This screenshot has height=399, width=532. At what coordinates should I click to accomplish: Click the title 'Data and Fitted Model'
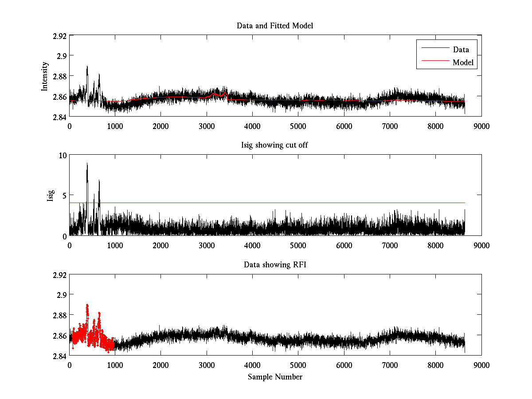(x=275, y=26)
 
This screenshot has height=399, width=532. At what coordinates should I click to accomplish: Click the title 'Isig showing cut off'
(x=275, y=145)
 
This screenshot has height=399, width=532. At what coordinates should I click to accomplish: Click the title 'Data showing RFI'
(x=275, y=265)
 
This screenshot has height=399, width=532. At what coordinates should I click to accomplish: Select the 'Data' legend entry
(x=461, y=50)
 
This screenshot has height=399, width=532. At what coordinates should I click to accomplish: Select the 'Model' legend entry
(x=463, y=63)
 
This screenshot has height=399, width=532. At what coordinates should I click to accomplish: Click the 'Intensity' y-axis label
(x=44, y=76)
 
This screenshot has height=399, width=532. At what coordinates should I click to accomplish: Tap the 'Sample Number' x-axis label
(x=275, y=377)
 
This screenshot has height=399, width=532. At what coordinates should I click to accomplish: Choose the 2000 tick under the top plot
(x=161, y=126)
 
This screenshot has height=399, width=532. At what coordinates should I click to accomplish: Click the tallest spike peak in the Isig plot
(x=87, y=163)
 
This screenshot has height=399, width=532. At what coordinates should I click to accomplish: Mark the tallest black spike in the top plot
(x=87, y=66)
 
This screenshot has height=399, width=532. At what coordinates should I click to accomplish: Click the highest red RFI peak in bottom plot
(x=87, y=305)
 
